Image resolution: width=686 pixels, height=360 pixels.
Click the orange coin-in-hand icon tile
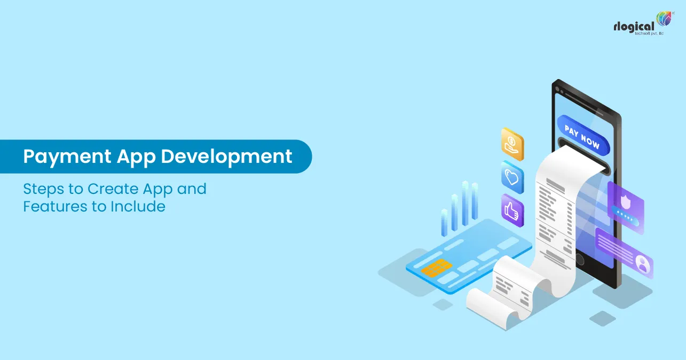(x=512, y=144)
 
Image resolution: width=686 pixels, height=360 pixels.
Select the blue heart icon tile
(x=512, y=177)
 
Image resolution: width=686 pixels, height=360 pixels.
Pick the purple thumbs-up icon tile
(x=512, y=209)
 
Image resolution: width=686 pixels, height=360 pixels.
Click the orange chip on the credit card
(x=436, y=267)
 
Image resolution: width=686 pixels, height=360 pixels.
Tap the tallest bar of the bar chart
(x=465, y=203)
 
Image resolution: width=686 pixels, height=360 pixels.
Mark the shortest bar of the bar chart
(x=444, y=222)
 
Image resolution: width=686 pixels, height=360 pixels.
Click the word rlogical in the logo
(x=634, y=26)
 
